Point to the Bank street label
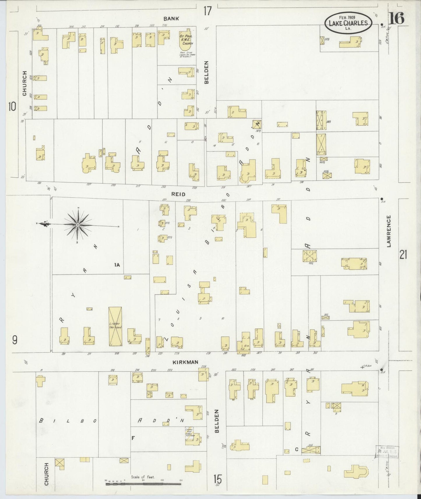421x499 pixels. pyautogui.click(x=171, y=18)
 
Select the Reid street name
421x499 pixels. pyautogui.click(x=178, y=194)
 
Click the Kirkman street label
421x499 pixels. pyautogui.click(x=185, y=362)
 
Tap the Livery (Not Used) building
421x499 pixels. pyautogui.click(x=115, y=327)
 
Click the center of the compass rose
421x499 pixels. pyautogui.click(x=78, y=225)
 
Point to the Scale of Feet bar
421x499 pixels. pyautogui.click(x=143, y=484)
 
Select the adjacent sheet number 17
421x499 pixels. pyautogui.click(x=207, y=11)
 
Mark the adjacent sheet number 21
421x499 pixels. pyautogui.click(x=403, y=255)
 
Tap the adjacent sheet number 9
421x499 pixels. pyautogui.click(x=15, y=339)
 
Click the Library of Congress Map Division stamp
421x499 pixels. pyautogui.click(x=387, y=453)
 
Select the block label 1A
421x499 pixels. pyautogui.click(x=117, y=265)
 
